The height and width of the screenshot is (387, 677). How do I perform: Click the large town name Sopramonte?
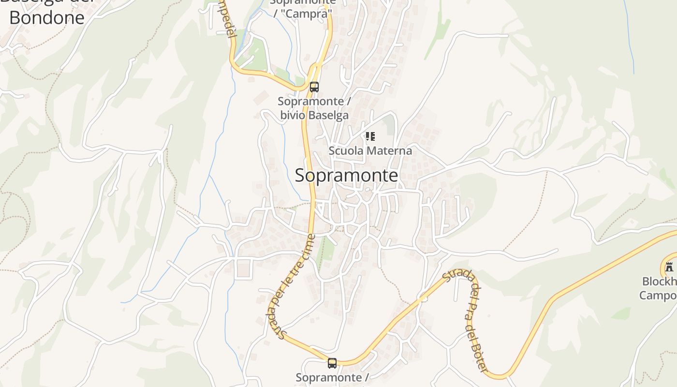(x=346, y=175)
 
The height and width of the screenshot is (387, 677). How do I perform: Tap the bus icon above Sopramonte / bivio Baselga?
(x=314, y=87)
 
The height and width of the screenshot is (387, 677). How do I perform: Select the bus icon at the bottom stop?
(x=332, y=363)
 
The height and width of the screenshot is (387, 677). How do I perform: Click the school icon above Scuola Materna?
(x=370, y=136)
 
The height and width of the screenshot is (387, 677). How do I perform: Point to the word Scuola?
(x=346, y=150)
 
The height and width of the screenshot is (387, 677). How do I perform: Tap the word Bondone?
(x=47, y=17)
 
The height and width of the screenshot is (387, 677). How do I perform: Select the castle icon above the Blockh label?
(x=669, y=267)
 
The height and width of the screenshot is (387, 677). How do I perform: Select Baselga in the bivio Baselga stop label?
(x=328, y=115)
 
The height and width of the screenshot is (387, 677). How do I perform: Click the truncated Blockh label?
(x=659, y=282)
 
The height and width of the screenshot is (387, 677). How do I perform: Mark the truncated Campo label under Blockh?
(x=658, y=295)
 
